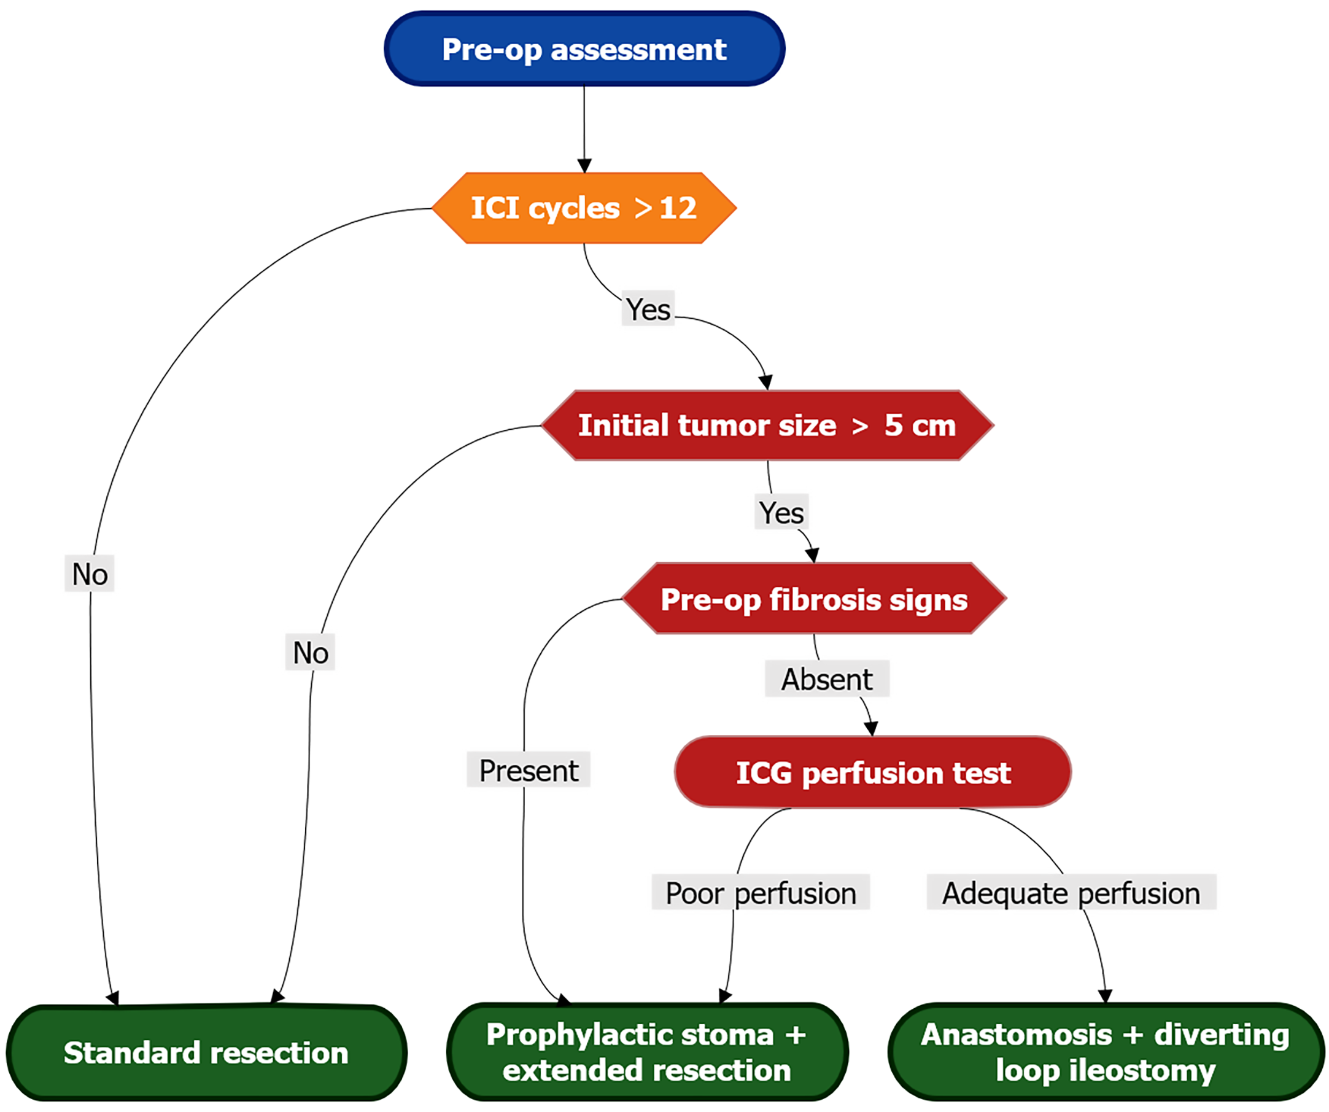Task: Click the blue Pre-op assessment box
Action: point(584,49)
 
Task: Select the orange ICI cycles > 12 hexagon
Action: point(584,208)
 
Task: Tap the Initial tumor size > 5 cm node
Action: point(767,426)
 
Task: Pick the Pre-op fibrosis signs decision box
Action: point(814,599)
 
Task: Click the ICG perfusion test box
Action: point(873,772)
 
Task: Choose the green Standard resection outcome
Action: point(206,1053)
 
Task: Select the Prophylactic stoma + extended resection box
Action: point(647,1053)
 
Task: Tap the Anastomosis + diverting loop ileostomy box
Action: point(1106,1053)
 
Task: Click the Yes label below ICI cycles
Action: point(648,309)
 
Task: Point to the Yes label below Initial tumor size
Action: point(781,512)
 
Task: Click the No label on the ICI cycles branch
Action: point(90,573)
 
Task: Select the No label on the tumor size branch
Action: point(310,652)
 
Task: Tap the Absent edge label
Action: point(826,679)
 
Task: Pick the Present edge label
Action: point(529,770)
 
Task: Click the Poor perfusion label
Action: point(761,893)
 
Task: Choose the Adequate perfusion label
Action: point(1071,893)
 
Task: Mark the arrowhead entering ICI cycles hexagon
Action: point(584,166)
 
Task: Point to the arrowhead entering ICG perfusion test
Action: point(872,728)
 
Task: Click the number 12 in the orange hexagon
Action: point(678,208)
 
